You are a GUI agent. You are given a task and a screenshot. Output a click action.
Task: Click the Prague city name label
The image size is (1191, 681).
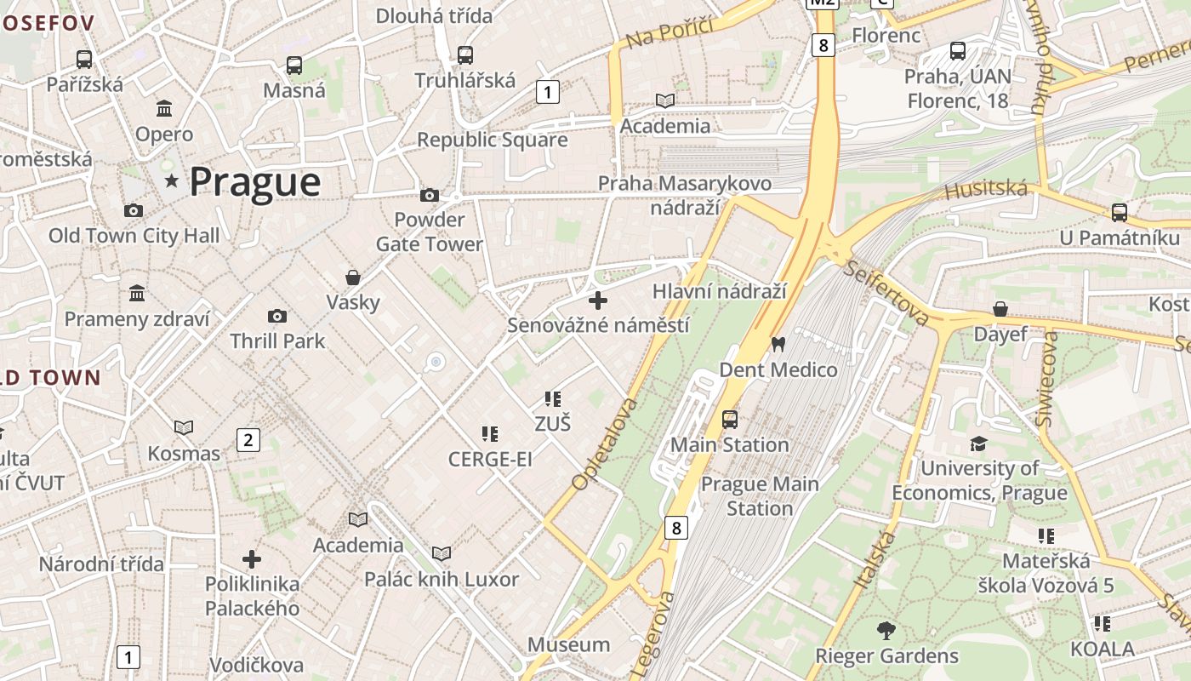tap(254, 182)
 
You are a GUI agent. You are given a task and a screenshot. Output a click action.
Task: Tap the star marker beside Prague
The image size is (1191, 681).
tap(172, 180)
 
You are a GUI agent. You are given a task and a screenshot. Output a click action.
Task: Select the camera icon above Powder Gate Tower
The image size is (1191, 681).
tap(430, 196)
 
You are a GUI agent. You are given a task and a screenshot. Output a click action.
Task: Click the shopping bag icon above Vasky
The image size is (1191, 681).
tap(352, 278)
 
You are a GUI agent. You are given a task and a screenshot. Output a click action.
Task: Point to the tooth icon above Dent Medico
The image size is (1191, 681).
tap(777, 345)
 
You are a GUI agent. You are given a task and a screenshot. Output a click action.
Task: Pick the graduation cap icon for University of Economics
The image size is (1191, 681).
tap(978, 444)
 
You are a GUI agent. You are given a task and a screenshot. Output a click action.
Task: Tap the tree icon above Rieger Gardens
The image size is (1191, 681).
tap(886, 631)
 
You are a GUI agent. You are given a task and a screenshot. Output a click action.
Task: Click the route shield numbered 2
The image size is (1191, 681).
tap(248, 440)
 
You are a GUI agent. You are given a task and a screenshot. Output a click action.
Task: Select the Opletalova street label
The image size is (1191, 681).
tap(605, 444)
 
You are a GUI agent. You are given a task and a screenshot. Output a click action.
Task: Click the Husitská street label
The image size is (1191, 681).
tap(986, 189)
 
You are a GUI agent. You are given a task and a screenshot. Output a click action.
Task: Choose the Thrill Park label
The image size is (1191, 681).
tap(277, 341)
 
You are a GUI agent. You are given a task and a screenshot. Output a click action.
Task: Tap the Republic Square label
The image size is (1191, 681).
tap(492, 140)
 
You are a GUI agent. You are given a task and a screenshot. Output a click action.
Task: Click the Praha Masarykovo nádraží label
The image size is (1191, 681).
tap(685, 195)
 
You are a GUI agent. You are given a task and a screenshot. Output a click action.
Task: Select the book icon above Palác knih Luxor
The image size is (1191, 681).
tap(441, 554)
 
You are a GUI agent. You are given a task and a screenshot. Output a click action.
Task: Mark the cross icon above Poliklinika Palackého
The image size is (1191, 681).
tap(252, 559)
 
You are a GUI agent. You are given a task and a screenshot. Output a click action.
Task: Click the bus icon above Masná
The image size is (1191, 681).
tap(294, 65)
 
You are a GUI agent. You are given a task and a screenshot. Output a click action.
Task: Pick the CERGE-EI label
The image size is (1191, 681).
tap(490, 460)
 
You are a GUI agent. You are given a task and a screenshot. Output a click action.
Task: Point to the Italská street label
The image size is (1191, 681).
tap(875, 558)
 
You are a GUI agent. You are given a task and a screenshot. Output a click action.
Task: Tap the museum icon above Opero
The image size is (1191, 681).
tap(164, 109)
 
